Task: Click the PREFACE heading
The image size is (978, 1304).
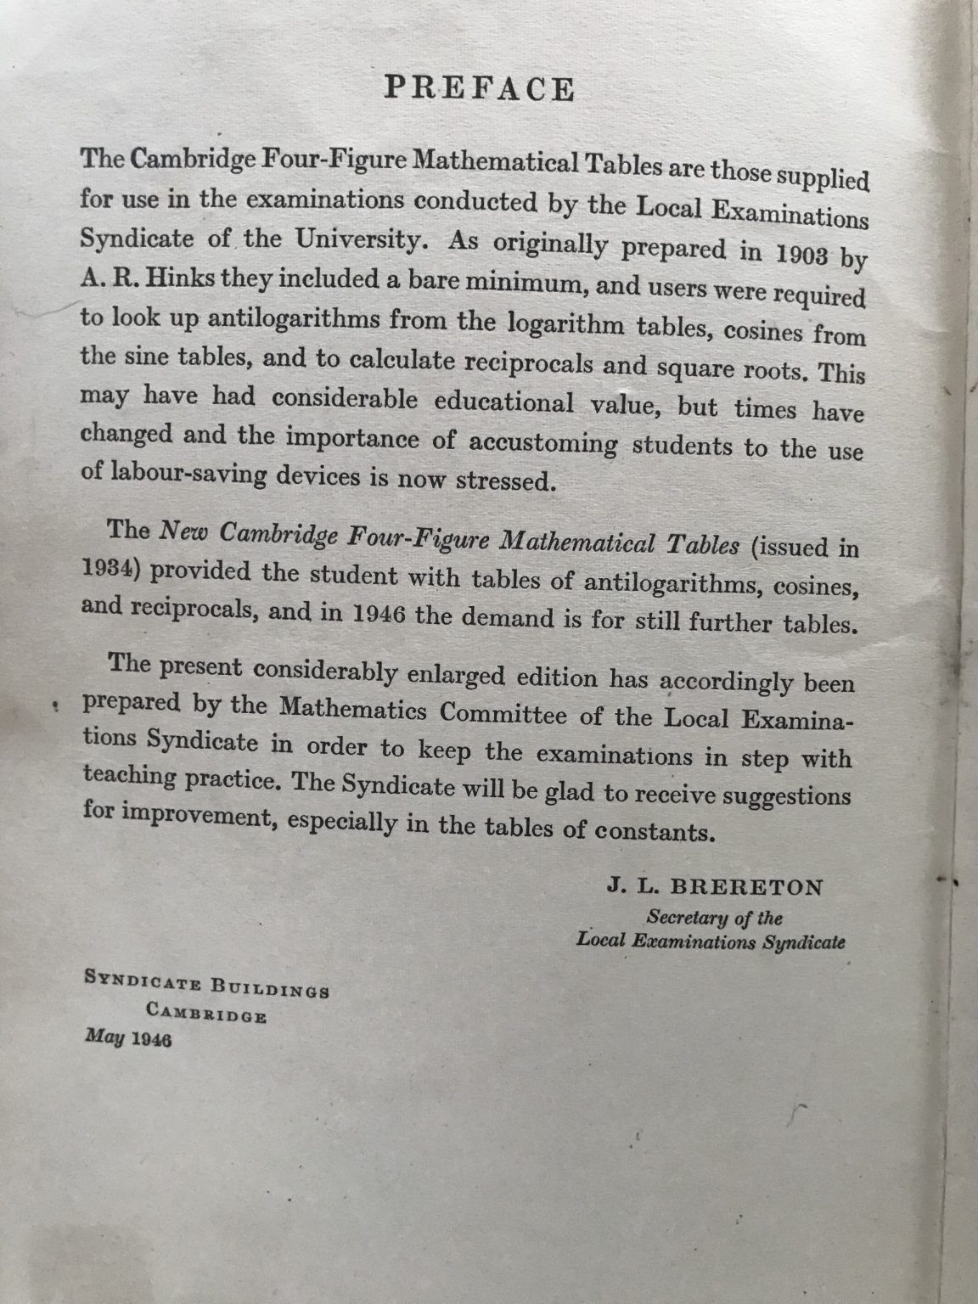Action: [x=480, y=88]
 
